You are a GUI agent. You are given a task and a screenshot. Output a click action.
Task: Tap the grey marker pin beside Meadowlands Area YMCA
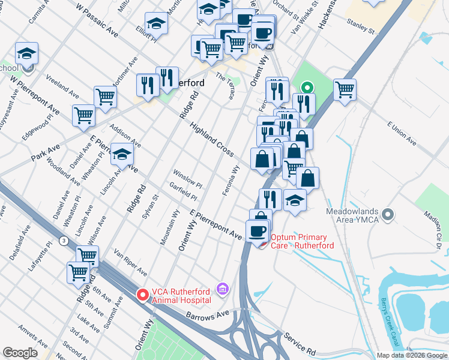point(388,214)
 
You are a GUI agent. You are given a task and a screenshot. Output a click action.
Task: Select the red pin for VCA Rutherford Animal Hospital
point(143,295)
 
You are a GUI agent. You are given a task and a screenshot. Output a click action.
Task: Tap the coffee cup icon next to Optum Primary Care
point(257,231)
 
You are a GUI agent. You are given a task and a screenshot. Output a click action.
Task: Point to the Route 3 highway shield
point(63,241)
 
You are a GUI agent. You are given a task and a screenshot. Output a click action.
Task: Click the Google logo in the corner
point(21,353)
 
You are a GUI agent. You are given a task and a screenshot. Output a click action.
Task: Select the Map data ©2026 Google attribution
point(412,355)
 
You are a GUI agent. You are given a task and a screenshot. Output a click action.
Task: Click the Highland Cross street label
point(211,140)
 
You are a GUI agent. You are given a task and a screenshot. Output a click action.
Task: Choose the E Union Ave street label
point(402,133)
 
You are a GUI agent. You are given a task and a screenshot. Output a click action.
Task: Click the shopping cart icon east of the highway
point(345,90)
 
